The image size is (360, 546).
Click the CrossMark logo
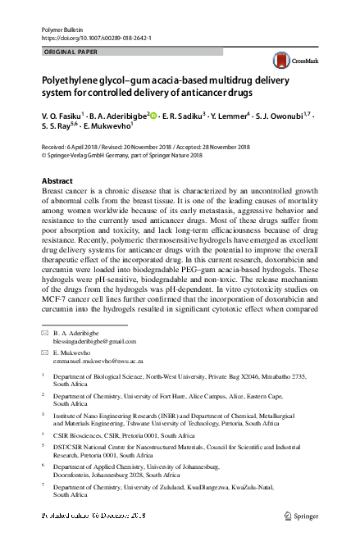289,61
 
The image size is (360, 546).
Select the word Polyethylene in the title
67,82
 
